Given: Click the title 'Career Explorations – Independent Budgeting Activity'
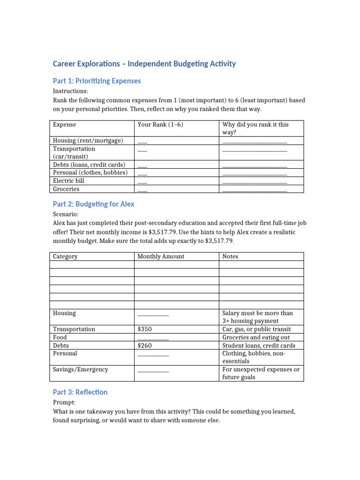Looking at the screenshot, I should [x=144, y=64].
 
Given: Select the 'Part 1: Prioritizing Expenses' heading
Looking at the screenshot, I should [x=97, y=81].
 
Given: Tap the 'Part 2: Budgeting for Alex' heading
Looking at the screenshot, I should [x=93, y=204].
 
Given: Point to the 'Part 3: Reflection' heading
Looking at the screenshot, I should [x=80, y=392].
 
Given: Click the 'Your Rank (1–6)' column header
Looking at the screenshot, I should [x=160, y=125].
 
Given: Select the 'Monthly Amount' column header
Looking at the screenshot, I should [x=161, y=256].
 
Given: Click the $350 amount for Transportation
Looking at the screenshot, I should [x=144, y=329].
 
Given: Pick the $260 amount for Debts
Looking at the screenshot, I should [x=144, y=345].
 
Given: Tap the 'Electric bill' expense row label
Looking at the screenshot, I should [x=68, y=180].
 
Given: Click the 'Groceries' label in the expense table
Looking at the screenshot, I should [x=66, y=189].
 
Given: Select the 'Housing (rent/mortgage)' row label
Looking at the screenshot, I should [x=88, y=140].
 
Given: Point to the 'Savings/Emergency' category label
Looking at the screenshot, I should [x=80, y=369].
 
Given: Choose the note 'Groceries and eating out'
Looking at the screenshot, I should [x=256, y=337].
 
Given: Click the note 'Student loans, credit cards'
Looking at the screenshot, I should [x=259, y=345].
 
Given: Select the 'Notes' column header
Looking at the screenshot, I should [x=230, y=256].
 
